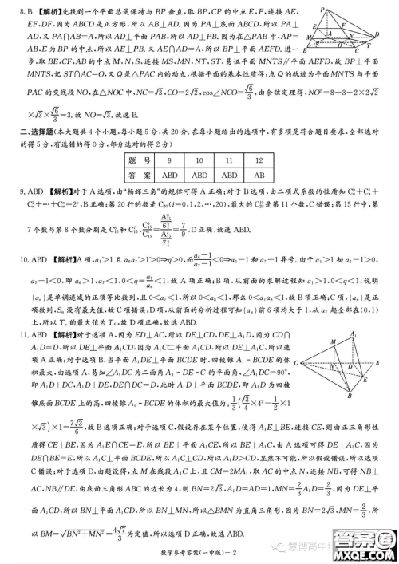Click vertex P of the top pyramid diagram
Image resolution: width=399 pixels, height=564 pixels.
pos(341,8)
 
